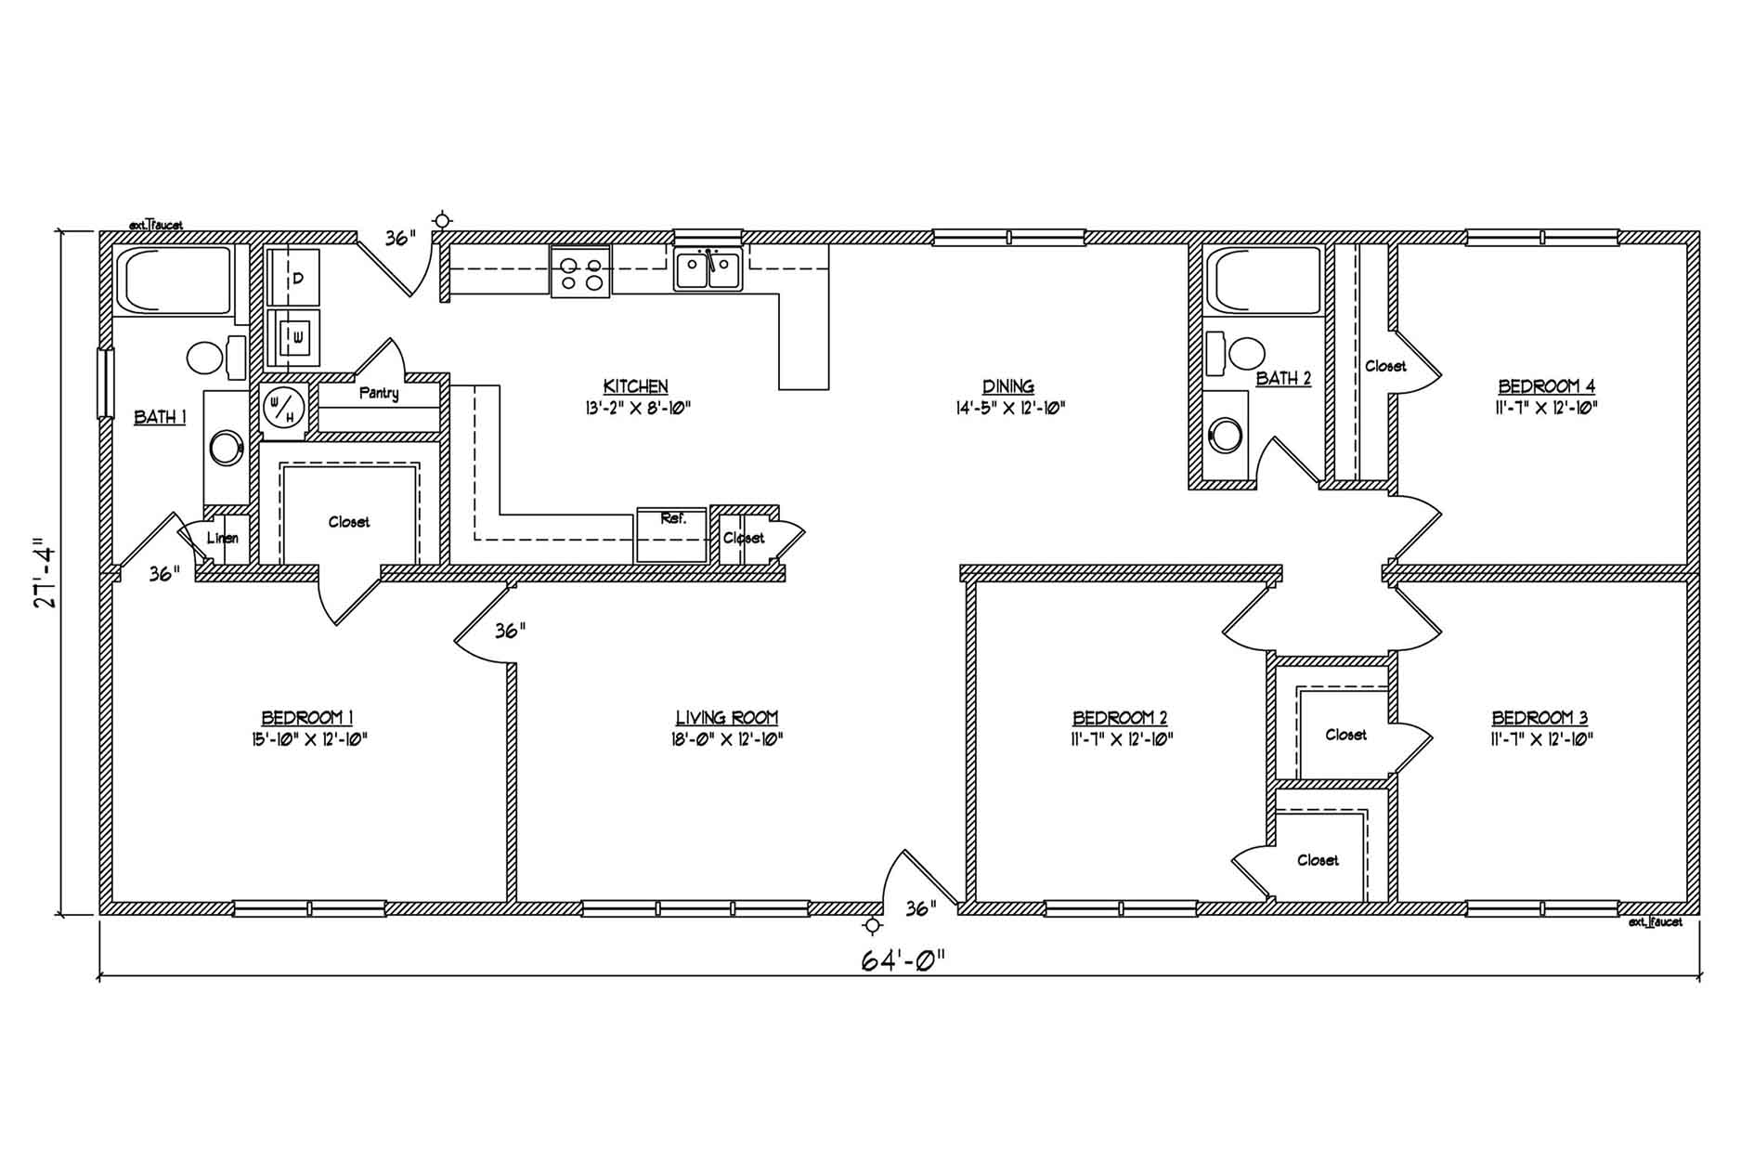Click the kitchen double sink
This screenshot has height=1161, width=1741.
708,270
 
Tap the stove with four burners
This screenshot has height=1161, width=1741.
580,271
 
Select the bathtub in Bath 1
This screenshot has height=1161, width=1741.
174,280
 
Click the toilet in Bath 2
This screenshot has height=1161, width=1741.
1236,354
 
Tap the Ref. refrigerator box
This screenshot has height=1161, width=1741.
671,535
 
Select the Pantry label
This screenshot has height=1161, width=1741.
379,393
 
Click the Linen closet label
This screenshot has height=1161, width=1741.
223,538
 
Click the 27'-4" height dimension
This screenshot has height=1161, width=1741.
45,572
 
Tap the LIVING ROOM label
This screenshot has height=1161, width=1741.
727,717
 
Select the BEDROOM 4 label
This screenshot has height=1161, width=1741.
1547,385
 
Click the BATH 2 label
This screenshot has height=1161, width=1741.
1283,378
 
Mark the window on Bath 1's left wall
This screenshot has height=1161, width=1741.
106,384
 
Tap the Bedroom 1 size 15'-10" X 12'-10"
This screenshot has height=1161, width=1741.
307,739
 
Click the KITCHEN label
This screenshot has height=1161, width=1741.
636,385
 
